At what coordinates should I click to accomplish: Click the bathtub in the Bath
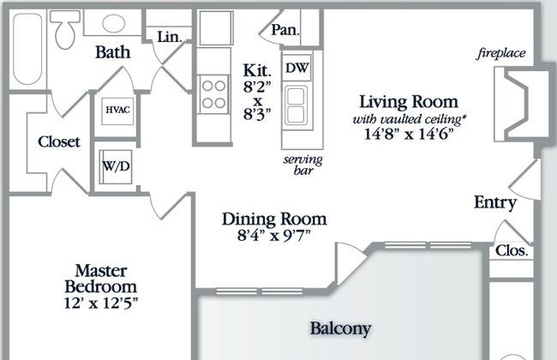pyautogui.click(x=27, y=49)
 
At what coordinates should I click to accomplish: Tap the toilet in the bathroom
pyautogui.click(x=65, y=29)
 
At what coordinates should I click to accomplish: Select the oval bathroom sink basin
pyautogui.click(x=114, y=23)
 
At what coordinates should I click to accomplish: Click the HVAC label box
pyautogui.click(x=117, y=111)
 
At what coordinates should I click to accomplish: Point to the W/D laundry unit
pyautogui.click(x=116, y=166)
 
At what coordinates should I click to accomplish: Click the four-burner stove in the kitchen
pyautogui.click(x=213, y=94)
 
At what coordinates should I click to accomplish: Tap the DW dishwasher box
pyautogui.click(x=297, y=68)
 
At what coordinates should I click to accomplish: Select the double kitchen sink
pyautogui.click(x=296, y=105)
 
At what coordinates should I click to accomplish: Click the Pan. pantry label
pyautogui.click(x=284, y=30)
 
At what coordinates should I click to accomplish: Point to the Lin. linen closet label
pyautogui.click(x=170, y=37)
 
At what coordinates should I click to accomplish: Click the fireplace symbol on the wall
pyautogui.click(x=517, y=104)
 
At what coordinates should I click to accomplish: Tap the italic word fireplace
pyautogui.click(x=501, y=54)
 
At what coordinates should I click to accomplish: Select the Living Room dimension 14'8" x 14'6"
pyautogui.click(x=410, y=134)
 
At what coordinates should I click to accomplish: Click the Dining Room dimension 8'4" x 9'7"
pyautogui.click(x=274, y=235)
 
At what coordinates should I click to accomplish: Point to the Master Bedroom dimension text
pyautogui.click(x=101, y=303)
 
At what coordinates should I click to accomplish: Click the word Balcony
pyautogui.click(x=341, y=329)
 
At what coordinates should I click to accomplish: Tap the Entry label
pyautogui.click(x=495, y=202)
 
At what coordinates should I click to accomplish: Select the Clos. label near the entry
pyautogui.click(x=512, y=251)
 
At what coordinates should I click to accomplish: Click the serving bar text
pyautogui.click(x=303, y=165)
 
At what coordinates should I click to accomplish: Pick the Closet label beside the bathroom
pyautogui.click(x=59, y=141)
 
